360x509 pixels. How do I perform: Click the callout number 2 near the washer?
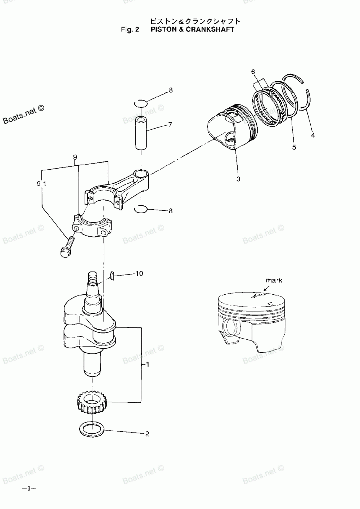[147, 434]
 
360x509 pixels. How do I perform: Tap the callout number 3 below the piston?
[238, 179]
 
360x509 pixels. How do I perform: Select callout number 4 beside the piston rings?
[313, 135]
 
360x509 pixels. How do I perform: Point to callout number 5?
[294, 147]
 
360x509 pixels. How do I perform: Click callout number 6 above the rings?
[253, 72]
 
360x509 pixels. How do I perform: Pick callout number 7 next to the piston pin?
[170, 125]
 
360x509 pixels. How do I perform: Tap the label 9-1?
[42, 184]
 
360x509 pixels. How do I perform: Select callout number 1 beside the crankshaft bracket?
[147, 365]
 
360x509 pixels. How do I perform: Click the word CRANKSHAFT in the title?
[209, 29]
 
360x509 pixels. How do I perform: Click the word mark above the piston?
[274, 280]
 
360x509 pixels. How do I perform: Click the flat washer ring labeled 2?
[91, 429]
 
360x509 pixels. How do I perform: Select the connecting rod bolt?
[67, 248]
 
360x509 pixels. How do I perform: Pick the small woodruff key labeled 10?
[112, 276]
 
